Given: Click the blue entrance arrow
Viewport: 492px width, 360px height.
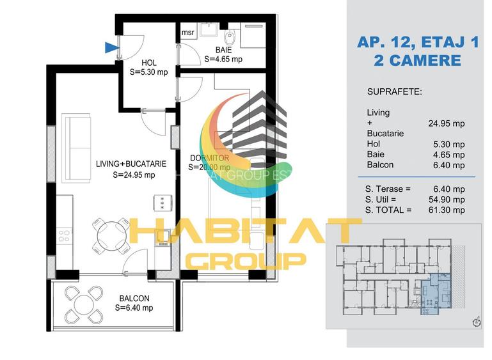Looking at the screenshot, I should tap(111, 45).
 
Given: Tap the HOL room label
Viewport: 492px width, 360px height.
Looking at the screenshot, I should tap(148, 63).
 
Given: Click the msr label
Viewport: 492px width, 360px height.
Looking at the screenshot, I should tap(187, 33).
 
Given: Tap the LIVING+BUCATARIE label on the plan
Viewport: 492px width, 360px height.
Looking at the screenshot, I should tap(131, 164).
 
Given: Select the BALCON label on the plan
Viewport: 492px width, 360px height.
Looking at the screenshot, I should tap(134, 299).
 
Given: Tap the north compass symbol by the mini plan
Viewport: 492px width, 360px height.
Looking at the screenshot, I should tap(476, 322).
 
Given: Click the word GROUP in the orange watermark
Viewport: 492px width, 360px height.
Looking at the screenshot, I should tap(246, 260).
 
